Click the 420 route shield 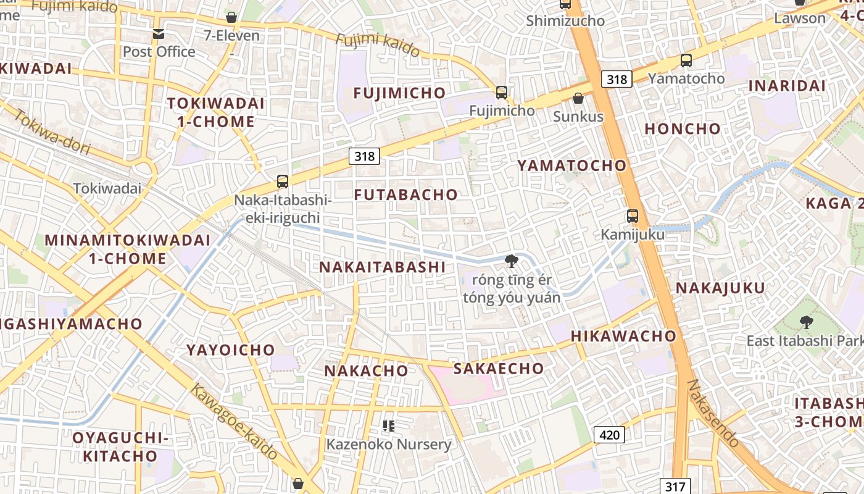coord(609,435)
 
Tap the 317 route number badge coord(674,486)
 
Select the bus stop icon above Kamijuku coord(633,216)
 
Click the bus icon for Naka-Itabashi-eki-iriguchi coord(283,182)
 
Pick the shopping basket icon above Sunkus coord(578,98)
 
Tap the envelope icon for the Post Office coord(159,34)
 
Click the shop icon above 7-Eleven coord(231,17)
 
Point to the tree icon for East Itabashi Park coord(806,322)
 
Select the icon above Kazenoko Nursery coord(388,425)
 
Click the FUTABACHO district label coord(405,195)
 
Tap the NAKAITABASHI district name coord(382,267)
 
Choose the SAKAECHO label coord(499,369)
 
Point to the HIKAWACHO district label coord(623,336)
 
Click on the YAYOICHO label coord(231,350)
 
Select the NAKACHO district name coord(366,371)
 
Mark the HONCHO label coord(683,128)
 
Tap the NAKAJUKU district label coord(720,288)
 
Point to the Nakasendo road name coord(713,413)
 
